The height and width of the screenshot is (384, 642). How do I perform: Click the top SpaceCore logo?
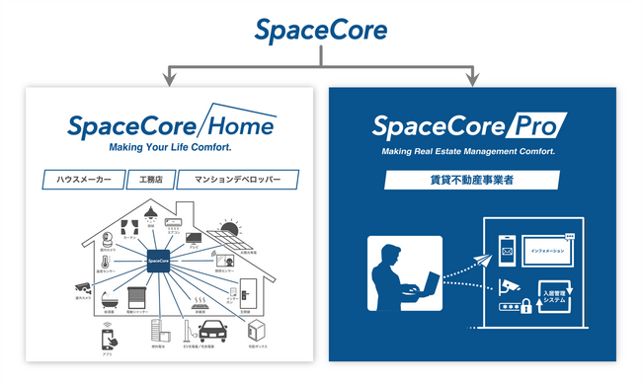[x=320, y=31]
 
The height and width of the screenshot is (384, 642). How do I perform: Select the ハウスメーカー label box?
[x=84, y=180]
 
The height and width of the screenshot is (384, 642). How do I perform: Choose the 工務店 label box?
[x=157, y=180]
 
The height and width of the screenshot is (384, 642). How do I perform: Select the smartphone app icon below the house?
[x=108, y=339]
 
